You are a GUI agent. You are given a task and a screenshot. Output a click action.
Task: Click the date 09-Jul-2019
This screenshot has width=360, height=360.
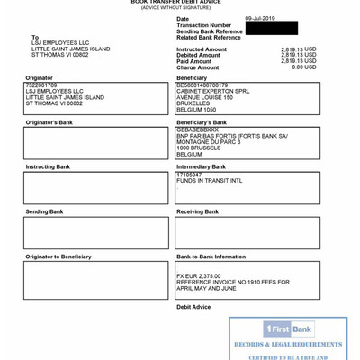tap(260, 18)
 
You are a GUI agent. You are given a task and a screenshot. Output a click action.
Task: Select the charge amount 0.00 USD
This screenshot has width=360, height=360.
tap(299, 67)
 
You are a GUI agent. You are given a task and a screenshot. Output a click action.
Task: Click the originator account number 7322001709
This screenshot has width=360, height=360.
tap(41, 85)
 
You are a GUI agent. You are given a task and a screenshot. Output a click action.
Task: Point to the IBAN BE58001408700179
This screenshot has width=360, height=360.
tap(203, 85)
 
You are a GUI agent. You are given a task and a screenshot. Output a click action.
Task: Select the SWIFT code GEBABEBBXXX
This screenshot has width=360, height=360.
tap(197, 130)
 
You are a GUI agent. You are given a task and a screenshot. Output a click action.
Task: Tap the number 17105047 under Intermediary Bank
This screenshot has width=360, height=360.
tap(190, 175)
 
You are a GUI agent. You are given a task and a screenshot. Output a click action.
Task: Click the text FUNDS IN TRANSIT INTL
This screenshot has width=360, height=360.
tap(209, 181)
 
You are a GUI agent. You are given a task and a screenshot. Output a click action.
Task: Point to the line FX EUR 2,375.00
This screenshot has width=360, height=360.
tap(199, 275)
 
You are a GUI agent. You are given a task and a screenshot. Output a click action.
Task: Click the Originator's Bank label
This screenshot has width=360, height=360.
tap(49, 122)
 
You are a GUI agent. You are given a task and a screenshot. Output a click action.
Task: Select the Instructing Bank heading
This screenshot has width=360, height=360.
tap(48, 167)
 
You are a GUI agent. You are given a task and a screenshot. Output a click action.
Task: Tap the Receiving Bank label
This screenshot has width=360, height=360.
tap(197, 212)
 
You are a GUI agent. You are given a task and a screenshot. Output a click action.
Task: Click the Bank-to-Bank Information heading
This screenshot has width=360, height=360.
tap(211, 257)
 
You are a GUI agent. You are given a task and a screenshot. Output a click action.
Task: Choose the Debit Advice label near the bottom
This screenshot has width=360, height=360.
tap(193, 307)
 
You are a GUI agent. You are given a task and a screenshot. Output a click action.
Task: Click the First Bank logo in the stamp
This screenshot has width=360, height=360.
tap(288, 329)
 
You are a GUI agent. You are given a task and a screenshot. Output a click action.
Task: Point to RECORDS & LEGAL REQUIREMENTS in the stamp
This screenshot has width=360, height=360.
tap(288, 345)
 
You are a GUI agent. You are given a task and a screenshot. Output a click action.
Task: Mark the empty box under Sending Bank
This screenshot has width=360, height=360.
tap(96, 233)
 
